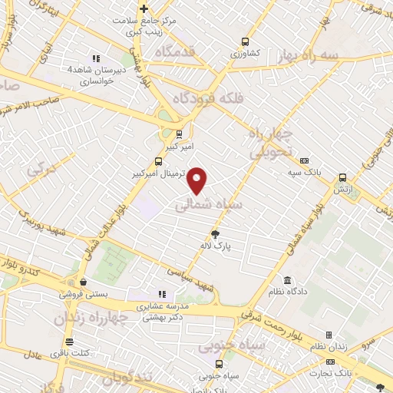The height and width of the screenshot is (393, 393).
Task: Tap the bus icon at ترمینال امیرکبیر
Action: pyautogui.click(x=158, y=162)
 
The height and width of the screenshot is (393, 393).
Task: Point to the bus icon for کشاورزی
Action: pyautogui.click(x=245, y=42)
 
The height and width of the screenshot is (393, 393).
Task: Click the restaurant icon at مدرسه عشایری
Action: pyautogui.click(x=161, y=294)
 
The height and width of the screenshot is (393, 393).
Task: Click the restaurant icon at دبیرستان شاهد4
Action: pyautogui.click(x=96, y=58)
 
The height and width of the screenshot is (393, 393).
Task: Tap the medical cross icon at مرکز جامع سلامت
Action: pyautogui.click(x=144, y=9)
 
